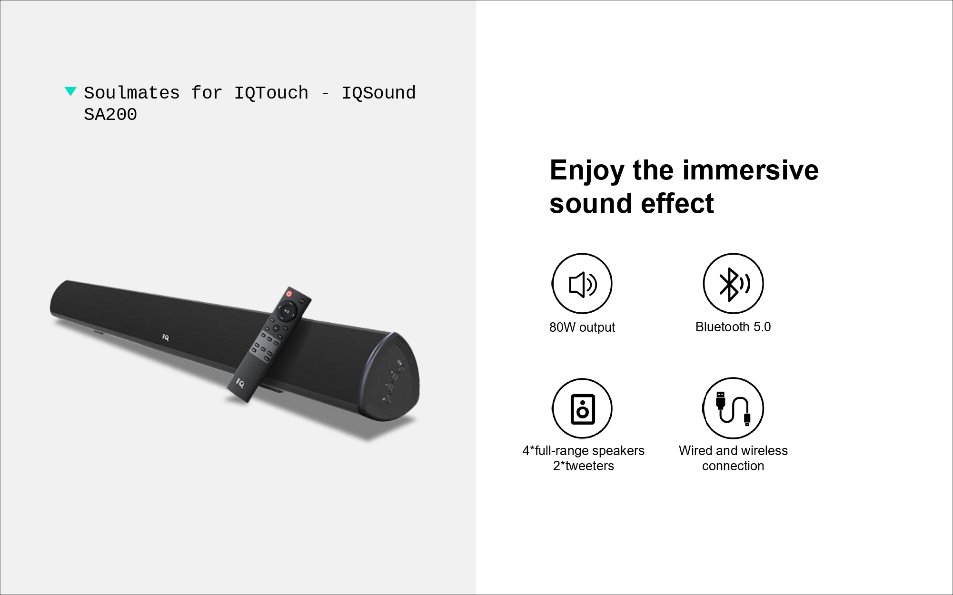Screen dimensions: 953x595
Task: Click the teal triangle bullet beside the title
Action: (x=70, y=91)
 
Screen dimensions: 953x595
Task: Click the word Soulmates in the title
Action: (x=132, y=93)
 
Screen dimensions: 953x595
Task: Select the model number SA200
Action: (x=110, y=114)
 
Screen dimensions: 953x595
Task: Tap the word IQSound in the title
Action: (x=379, y=93)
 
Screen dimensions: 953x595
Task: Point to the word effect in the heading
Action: (x=677, y=203)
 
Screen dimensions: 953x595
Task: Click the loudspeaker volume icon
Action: (x=582, y=284)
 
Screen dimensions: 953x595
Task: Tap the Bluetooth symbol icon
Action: (x=733, y=284)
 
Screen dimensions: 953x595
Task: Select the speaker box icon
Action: (x=582, y=408)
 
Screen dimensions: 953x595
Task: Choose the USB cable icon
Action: (x=733, y=408)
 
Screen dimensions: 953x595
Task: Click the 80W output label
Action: (x=582, y=327)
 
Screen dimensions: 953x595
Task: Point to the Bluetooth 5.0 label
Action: (x=733, y=327)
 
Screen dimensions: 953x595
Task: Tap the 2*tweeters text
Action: (x=584, y=466)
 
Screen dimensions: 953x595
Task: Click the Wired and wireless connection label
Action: (x=733, y=458)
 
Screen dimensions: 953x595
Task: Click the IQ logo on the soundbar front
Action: (x=165, y=337)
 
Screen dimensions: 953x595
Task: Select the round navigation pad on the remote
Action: (x=287, y=311)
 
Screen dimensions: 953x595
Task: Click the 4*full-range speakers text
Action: (x=584, y=451)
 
